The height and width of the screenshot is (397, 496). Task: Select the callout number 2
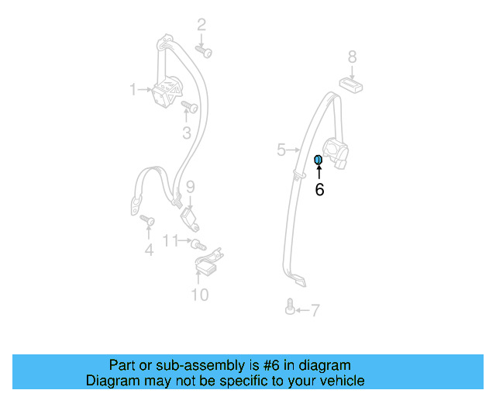click(x=201, y=25)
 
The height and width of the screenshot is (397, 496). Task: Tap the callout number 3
click(x=187, y=133)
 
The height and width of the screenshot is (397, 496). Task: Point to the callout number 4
click(x=149, y=250)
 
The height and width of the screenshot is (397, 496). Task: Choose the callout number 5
click(x=281, y=150)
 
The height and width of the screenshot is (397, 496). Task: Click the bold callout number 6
click(x=319, y=190)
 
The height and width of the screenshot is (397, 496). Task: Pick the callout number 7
click(x=315, y=311)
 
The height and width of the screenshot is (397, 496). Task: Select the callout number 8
click(x=352, y=57)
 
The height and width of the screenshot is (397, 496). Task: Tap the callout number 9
click(x=190, y=186)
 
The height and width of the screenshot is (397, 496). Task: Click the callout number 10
click(x=200, y=295)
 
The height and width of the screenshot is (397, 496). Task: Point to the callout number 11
click(x=170, y=240)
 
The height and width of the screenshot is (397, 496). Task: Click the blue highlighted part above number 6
click(x=318, y=161)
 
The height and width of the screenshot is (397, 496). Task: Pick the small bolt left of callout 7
click(x=290, y=308)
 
